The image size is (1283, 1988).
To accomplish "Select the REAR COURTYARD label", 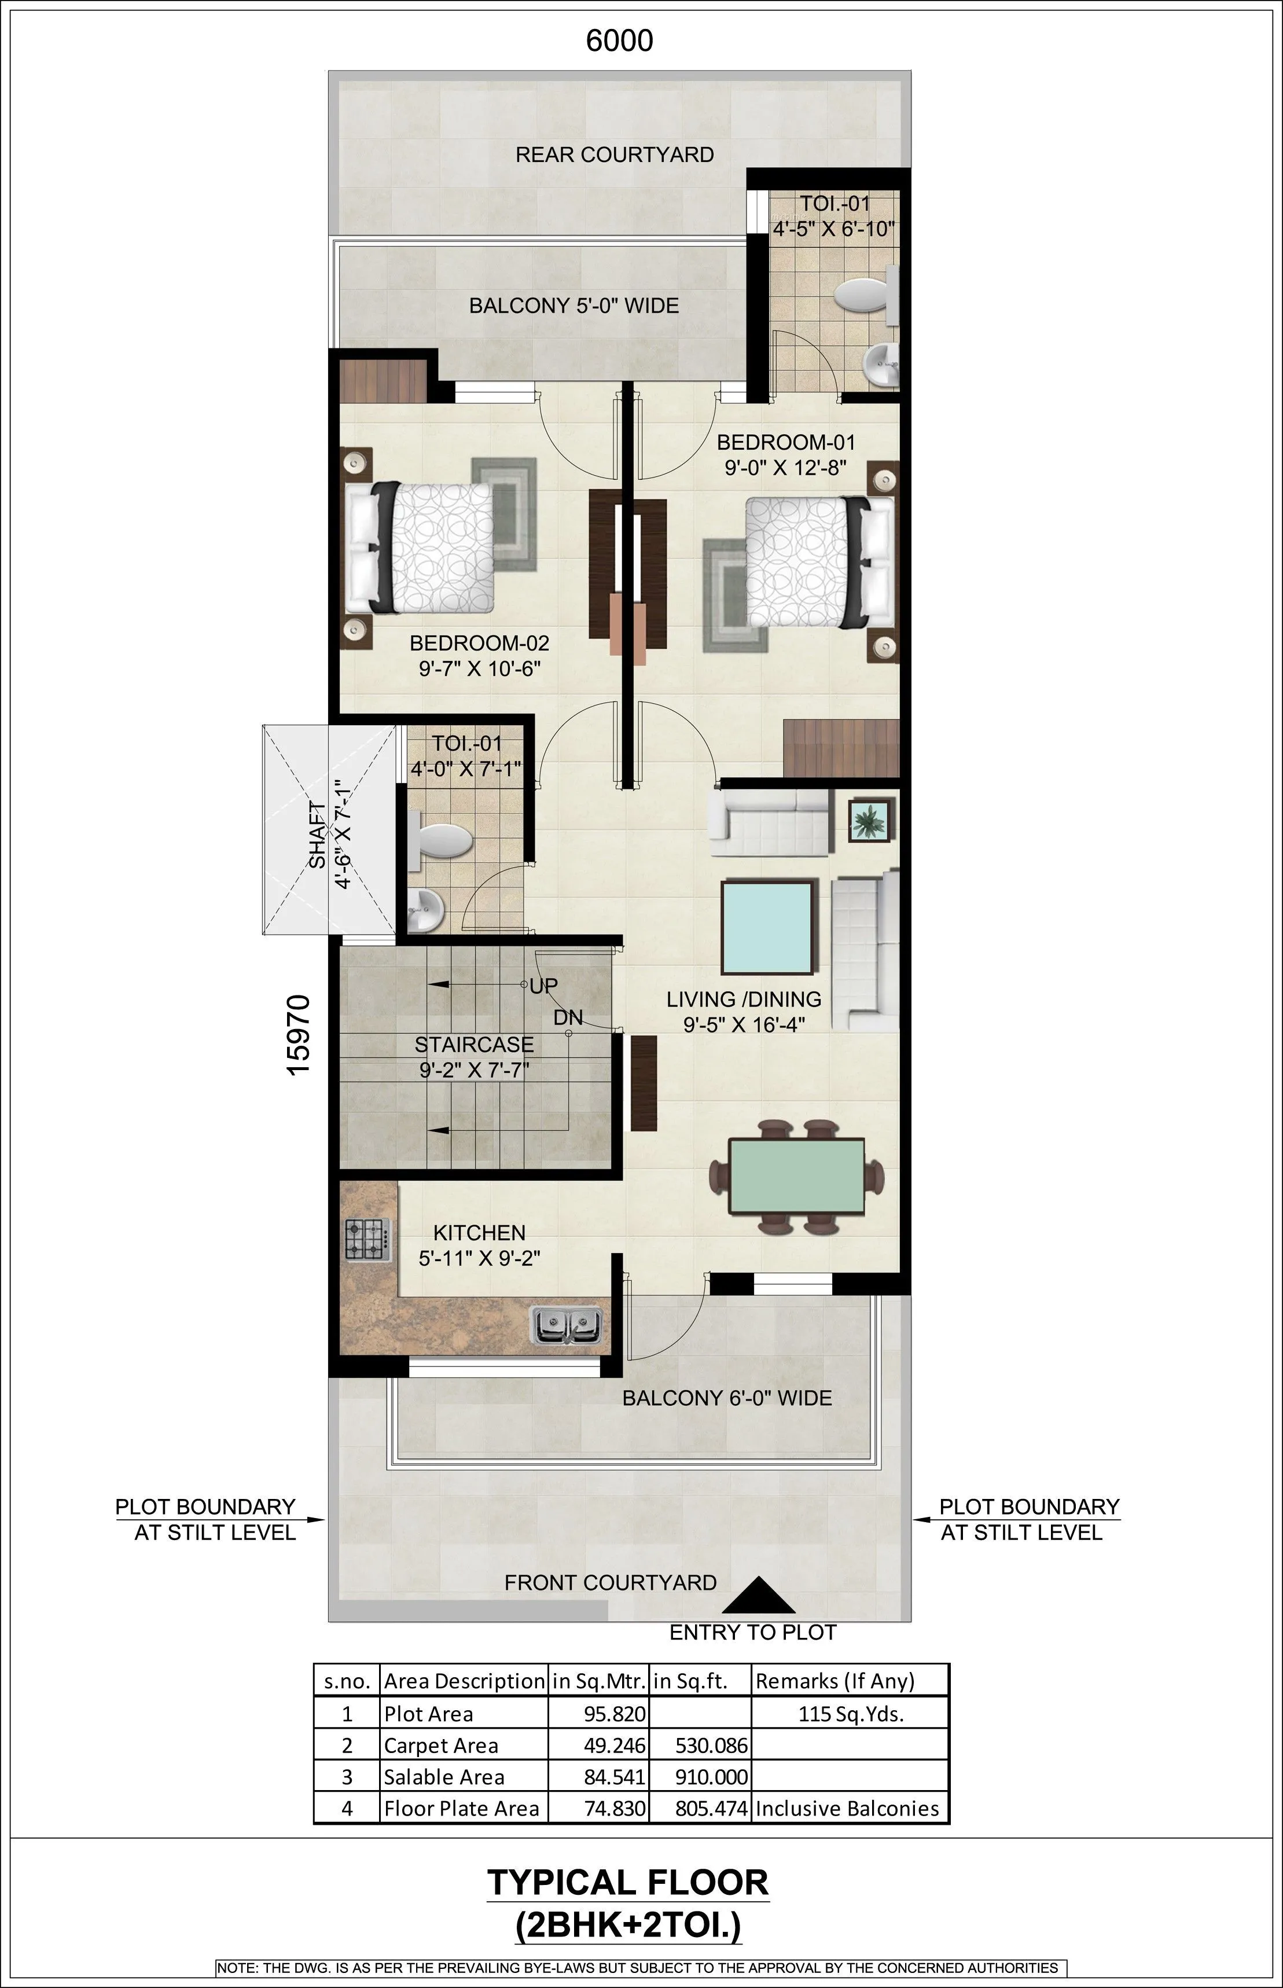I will pos(614,155).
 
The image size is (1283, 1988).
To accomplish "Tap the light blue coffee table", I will pos(766,927).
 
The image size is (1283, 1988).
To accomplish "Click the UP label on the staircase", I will pos(544,986).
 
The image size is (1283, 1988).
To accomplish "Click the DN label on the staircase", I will pos(568,1018).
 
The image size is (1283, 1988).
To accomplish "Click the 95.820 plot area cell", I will pos(614,1714).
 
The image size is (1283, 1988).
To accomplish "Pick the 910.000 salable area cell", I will pos(711,1777).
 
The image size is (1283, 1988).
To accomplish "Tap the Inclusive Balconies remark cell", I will pos(847,1809).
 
